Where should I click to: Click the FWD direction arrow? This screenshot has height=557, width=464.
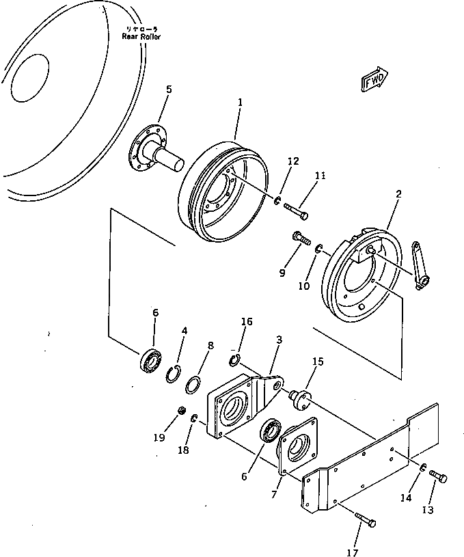(x=374, y=80)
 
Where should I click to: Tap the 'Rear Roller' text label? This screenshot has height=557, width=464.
(x=141, y=33)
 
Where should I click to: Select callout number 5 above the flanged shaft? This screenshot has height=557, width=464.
(x=169, y=90)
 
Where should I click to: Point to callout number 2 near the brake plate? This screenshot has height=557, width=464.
(x=398, y=194)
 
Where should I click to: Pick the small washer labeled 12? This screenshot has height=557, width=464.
(x=278, y=201)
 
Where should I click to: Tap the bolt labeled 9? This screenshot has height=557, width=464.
(x=300, y=239)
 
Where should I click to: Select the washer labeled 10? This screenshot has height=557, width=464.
(x=319, y=252)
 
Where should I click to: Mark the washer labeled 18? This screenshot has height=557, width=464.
(x=195, y=418)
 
